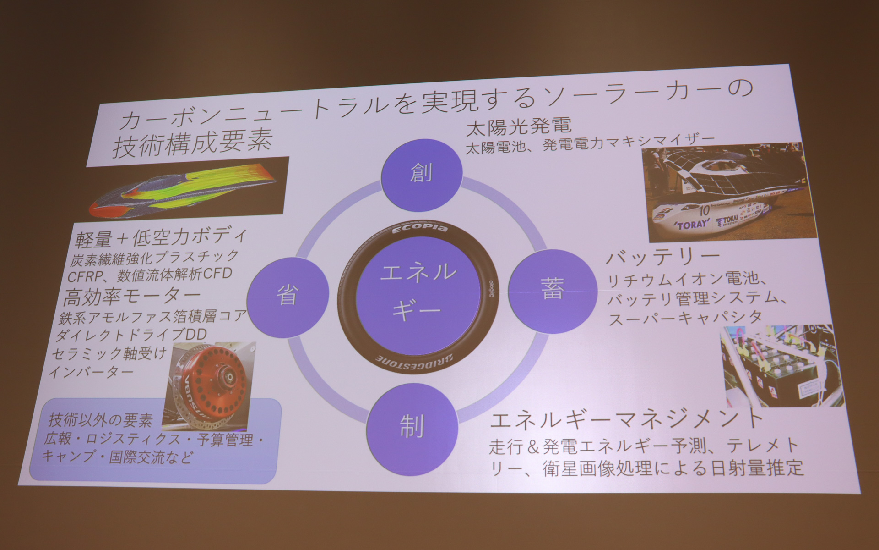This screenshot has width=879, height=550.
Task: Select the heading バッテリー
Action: tap(663, 257)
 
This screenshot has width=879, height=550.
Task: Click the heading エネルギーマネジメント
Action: tap(626, 418)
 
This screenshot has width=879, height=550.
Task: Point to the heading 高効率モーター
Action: tap(132, 297)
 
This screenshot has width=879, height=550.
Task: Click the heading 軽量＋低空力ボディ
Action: tap(162, 237)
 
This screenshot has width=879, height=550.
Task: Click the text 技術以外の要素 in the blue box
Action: tap(100, 419)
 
